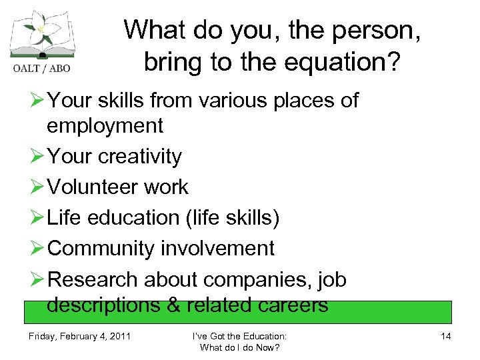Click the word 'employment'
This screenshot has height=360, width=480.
(105, 125)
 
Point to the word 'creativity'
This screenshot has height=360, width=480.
(141, 157)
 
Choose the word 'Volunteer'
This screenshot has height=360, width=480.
(95, 187)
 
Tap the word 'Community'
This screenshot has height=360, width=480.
(102, 249)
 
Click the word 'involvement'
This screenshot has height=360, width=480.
(218, 249)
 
